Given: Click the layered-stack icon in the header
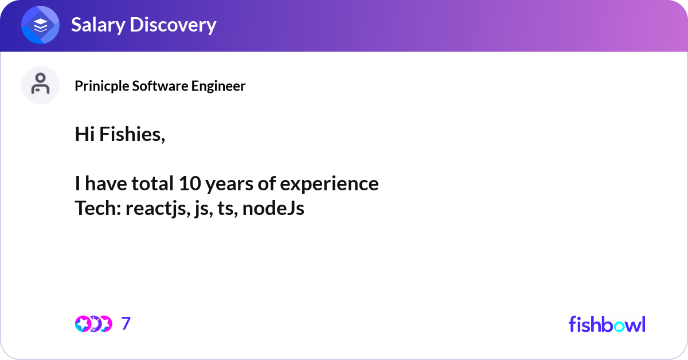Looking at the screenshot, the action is tap(40, 25).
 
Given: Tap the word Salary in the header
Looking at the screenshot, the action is tap(98, 25).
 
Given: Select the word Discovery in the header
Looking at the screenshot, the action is tap(173, 25).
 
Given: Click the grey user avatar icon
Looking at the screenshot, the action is tap(40, 85).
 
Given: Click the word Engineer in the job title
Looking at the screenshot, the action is tap(218, 86).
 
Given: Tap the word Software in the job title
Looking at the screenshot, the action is tap(161, 85).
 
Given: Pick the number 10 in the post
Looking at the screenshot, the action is tap(190, 183).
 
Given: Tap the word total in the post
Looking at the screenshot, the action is tap(153, 183).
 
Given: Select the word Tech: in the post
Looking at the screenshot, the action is tap(98, 208).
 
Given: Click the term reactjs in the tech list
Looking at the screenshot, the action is tap(158, 209).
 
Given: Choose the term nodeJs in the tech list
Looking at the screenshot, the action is tap(273, 208).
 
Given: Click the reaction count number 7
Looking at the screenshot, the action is tap(126, 323).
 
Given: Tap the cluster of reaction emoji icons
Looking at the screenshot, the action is tap(93, 324).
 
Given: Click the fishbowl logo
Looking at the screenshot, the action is tap(607, 324).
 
